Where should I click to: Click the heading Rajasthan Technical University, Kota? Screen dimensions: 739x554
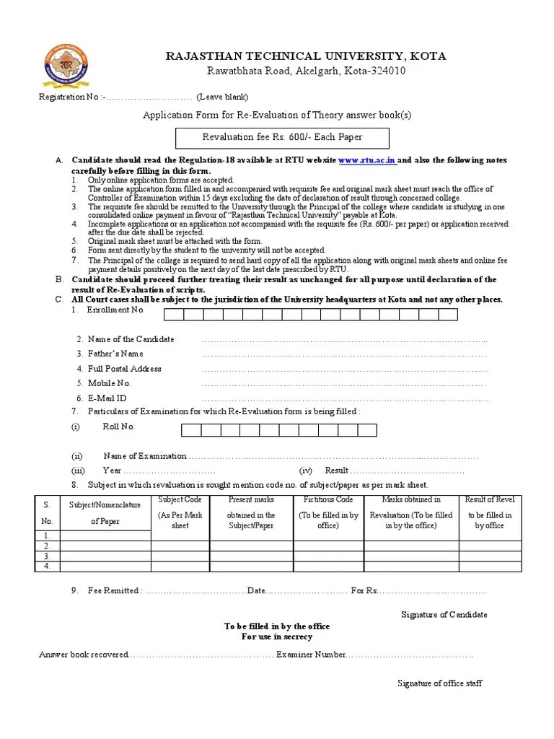click(x=306, y=56)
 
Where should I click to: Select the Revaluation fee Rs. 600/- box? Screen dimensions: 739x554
click(x=283, y=137)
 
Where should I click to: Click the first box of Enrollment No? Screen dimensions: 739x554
click(x=174, y=314)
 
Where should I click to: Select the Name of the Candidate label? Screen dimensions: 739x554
click(x=131, y=339)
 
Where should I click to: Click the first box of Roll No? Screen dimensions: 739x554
click(x=190, y=430)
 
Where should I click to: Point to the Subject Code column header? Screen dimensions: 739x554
click(x=180, y=499)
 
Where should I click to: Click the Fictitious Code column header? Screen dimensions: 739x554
click(x=328, y=499)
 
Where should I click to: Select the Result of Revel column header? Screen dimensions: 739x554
click(x=490, y=499)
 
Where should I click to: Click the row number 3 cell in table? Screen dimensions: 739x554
click(x=47, y=556)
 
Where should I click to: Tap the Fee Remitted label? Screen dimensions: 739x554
click(x=113, y=590)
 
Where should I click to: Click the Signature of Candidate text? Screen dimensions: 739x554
click(x=444, y=615)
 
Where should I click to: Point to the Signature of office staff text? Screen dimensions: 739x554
click(x=440, y=683)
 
